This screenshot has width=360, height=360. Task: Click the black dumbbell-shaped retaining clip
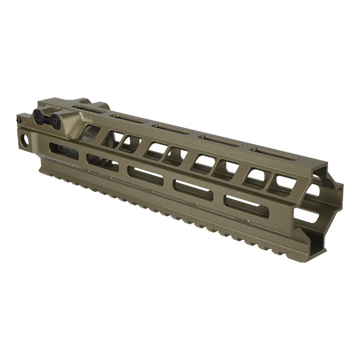coord(47,118)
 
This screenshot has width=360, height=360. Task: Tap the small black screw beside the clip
coord(19,120)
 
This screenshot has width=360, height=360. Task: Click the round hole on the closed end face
coord(26,140)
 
